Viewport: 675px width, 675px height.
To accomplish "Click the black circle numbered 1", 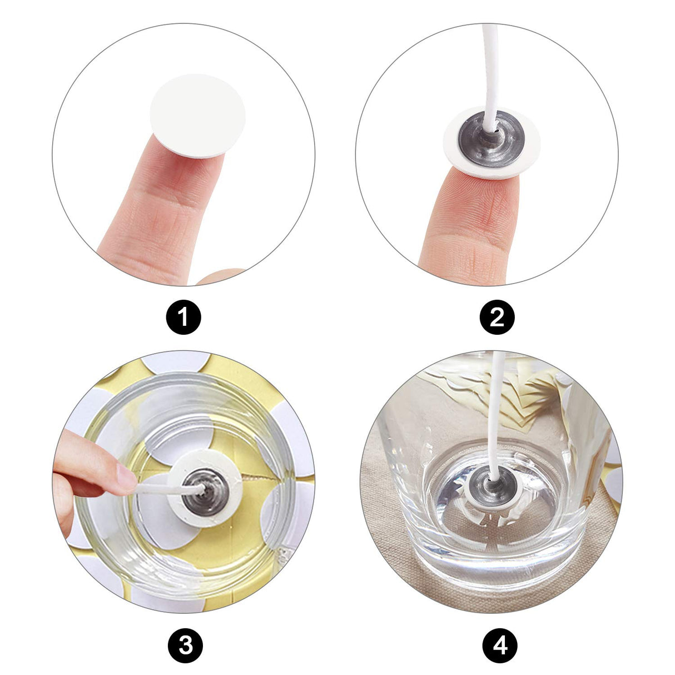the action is point(183,317).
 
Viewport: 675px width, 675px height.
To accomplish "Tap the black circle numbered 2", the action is point(497,317).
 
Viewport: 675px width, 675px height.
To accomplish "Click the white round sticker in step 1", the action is point(197,116).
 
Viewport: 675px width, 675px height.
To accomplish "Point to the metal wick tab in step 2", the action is point(492,140).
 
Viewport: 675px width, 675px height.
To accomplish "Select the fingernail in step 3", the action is point(126,477).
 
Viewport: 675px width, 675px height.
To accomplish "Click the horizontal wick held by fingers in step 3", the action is point(168,488).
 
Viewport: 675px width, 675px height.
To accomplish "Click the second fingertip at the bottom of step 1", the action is point(220,277).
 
